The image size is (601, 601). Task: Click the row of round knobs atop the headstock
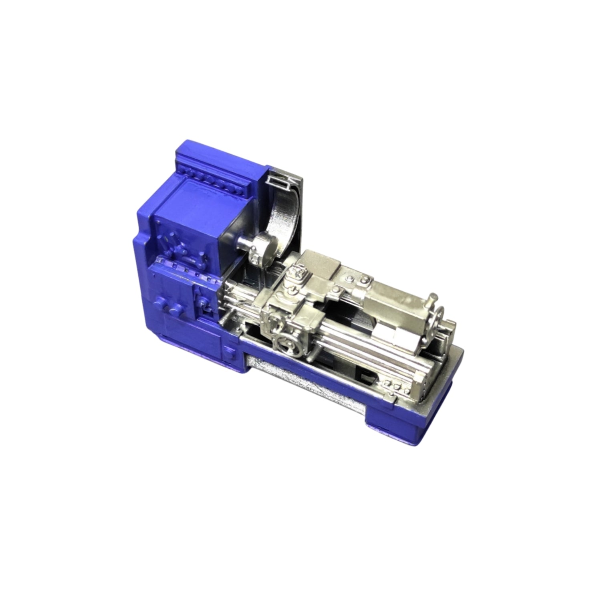point(208,176)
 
